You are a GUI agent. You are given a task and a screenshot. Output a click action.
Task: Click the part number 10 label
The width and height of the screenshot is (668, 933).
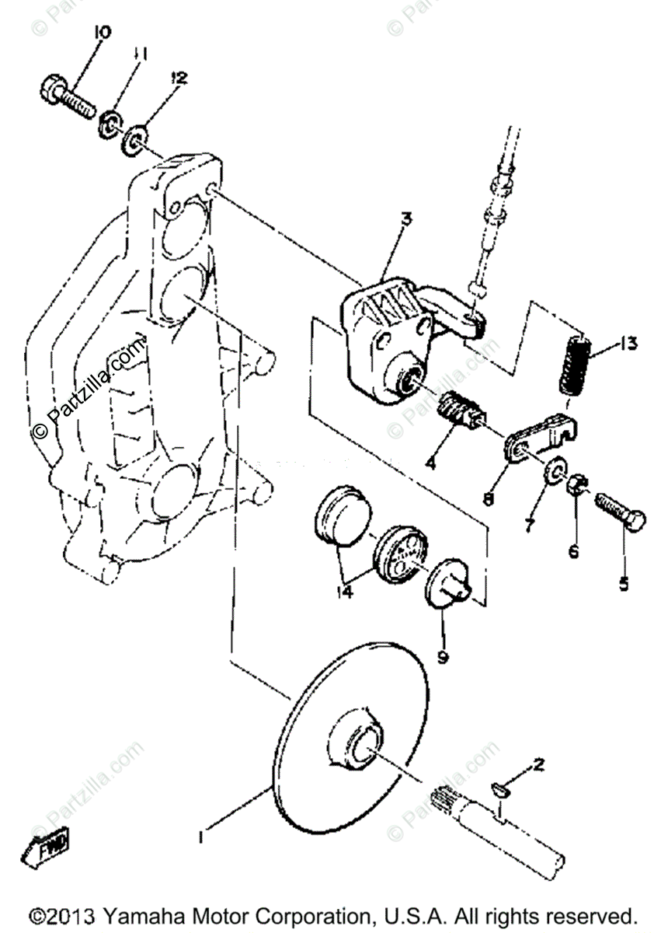(x=102, y=33)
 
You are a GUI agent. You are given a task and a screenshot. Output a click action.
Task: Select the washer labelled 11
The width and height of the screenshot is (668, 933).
(x=110, y=121)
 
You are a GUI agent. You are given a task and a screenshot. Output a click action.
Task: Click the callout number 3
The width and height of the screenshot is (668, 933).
(x=405, y=219)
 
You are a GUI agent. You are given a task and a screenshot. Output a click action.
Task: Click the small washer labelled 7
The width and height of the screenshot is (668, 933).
(x=555, y=471)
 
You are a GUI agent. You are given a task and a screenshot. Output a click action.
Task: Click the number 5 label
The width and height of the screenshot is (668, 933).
(x=623, y=583)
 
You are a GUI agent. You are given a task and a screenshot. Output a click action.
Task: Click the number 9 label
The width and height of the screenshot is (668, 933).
(x=442, y=658)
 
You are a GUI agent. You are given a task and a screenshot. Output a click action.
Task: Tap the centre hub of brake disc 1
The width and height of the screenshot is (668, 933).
(x=360, y=742)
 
